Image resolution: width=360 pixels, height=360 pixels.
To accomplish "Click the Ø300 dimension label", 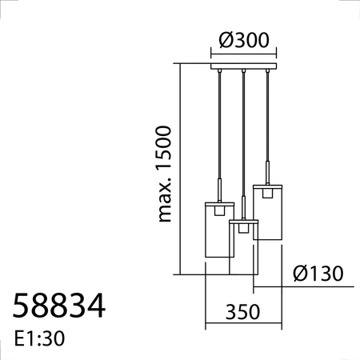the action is (244, 40).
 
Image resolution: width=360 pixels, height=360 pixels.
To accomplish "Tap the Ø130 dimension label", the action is (318, 274).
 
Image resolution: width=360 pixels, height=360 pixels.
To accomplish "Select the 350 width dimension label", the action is (242, 312).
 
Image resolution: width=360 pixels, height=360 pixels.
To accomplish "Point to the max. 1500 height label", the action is (164, 174).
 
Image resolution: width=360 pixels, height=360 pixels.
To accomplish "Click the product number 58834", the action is (59, 306).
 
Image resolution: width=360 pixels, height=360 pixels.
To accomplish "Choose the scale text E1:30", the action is (39, 338).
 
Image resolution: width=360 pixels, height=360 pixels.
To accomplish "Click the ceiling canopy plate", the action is (243, 66).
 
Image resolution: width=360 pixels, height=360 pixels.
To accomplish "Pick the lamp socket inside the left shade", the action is (219, 210).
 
